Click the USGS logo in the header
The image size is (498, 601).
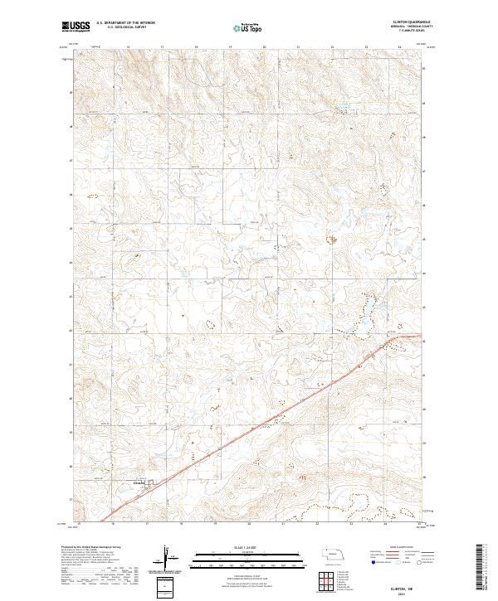coord(76,27)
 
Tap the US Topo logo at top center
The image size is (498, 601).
coord(250,27)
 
